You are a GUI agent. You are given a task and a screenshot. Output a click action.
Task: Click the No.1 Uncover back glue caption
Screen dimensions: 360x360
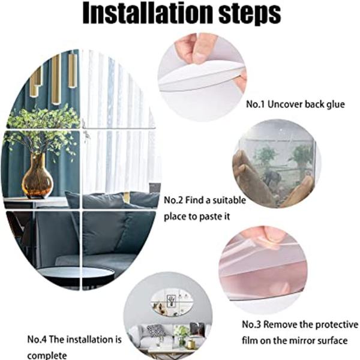[x=296, y=104]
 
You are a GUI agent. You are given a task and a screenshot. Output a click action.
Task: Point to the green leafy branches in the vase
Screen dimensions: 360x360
[x=42, y=129]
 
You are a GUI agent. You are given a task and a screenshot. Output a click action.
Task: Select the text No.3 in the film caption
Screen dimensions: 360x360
[x=253, y=325]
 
